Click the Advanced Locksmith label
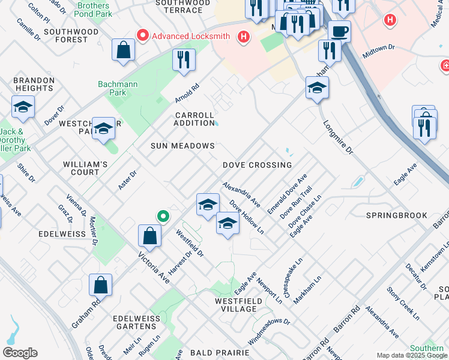190,36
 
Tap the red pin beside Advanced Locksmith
143,36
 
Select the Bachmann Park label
113,88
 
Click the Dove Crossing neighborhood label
257,165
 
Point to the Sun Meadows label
182,146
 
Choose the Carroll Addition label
194,119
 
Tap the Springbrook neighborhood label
397,215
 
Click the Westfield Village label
238,305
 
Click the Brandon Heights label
34,84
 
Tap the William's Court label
85,168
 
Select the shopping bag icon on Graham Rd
101,286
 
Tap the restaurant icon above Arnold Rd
184,60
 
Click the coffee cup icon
339,31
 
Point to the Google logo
20,353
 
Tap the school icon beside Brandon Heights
23,107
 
